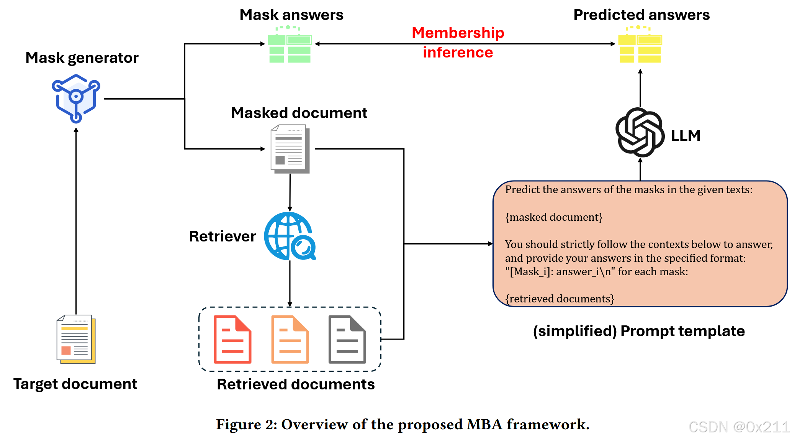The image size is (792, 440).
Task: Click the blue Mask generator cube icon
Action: (x=76, y=99)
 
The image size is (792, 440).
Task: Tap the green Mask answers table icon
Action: (x=290, y=45)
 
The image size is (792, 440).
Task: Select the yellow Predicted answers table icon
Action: (x=640, y=45)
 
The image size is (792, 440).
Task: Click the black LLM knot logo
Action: (x=640, y=132)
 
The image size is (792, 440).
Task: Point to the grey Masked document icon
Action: (x=290, y=149)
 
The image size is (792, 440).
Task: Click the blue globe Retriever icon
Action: (x=290, y=236)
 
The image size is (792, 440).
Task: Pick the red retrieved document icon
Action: (x=232, y=339)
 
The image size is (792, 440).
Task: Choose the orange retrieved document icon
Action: (x=290, y=339)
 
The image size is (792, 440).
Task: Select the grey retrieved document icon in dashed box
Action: (x=347, y=339)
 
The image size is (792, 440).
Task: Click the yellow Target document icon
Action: (x=76, y=339)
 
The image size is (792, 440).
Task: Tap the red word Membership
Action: (x=458, y=33)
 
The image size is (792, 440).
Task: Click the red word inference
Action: (x=458, y=53)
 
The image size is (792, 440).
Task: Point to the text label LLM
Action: (x=686, y=136)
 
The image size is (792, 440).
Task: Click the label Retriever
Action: (x=222, y=236)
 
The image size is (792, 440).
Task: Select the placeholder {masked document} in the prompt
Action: (x=554, y=217)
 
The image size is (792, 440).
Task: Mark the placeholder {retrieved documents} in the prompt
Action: (x=560, y=299)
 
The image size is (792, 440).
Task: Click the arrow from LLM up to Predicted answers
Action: (x=640, y=88)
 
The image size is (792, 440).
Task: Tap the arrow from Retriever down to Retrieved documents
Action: (x=290, y=284)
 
